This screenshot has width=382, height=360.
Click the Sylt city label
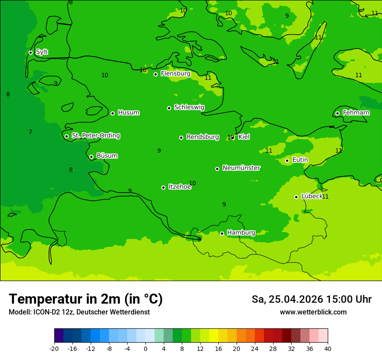pyautogui.click(x=42, y=52)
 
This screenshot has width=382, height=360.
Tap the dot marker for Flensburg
pyautogui.click(x=155, y=74)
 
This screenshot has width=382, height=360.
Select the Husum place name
pyautogui.click(x=128, y=113)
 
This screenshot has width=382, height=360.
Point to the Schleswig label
pyautogui.click(x=189, y=107)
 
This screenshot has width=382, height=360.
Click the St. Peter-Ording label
pyautogui.click(x=95, y=136)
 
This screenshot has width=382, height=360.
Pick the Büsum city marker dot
pyautogui.click(x=91, y=157)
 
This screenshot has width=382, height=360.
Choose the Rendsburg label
pyautogui.click(x=202, y=137)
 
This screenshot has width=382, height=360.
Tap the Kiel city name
pyautogui.click(x=244, y=137)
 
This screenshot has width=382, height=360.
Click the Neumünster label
pyautogui.click(x=241, y=168)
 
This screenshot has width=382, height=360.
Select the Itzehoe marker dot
pyautogui.click(x=163, y=187)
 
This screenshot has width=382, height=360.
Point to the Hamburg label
pyautogui.click(x=241, y=233)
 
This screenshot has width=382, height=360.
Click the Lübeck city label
pyautogui.click(x=312, y=196)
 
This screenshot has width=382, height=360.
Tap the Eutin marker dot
pyautogui.click(x=287, y=160)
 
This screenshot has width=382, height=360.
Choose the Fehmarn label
pyautogui.click(x=356, y=113)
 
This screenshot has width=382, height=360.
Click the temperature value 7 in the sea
pyautogui.click(x=30, y=132)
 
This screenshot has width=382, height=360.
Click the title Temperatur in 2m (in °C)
pyautogui.click(x=86, y=299)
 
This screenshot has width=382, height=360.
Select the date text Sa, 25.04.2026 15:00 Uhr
pyautogui.click(x=311, y=299)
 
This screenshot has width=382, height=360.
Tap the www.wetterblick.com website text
pyautogui.click(x=313, y=312)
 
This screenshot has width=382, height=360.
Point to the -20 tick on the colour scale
pyautogui.click(x=54, y=348)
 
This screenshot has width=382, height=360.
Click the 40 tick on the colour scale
pyautogui.click(x=328, y=348)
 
